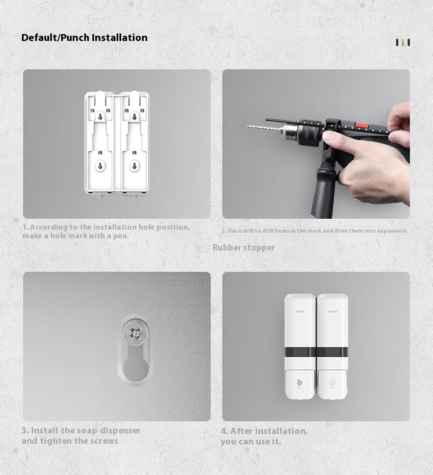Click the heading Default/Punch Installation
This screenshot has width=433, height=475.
84,38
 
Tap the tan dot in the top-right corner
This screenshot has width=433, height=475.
403,43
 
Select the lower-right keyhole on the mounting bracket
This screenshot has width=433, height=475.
135,166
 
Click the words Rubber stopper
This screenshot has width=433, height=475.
243,248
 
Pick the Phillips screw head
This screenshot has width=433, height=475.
135,333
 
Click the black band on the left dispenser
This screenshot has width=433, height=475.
300,351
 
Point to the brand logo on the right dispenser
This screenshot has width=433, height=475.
333,311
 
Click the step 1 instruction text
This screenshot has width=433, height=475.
106,231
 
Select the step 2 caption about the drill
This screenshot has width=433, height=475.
314,231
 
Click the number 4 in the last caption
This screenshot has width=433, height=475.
224,431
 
